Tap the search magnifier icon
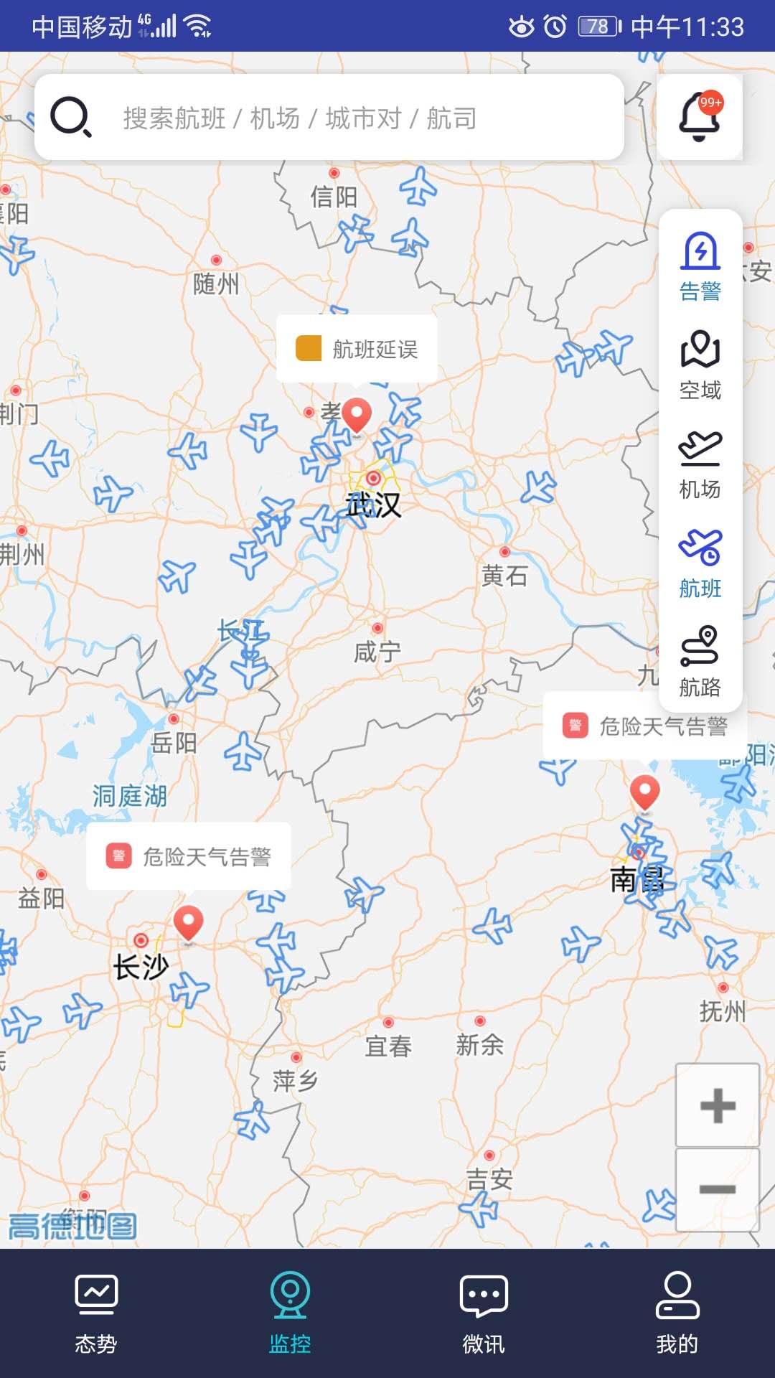[x=70, y=117]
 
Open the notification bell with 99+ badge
[x=700, y=117]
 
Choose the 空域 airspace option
[x=700, y=365]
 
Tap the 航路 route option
[x=700, y=662]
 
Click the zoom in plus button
[x=718, y=1105]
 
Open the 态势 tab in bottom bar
[x=96, y=1313]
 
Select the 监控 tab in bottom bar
[x=290, y=1313]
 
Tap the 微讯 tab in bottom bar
[x=484, y=1313]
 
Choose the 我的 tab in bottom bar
[x=677, y=1313]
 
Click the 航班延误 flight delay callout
[x=357, y=349]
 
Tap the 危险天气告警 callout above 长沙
[x=189, y=856]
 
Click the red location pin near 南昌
[x=644, y=792]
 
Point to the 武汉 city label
[x=374, y=505]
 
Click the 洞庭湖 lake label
[x=130, y=796]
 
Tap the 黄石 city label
[x=504, y=576]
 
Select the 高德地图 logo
[x=72, y=1226]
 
